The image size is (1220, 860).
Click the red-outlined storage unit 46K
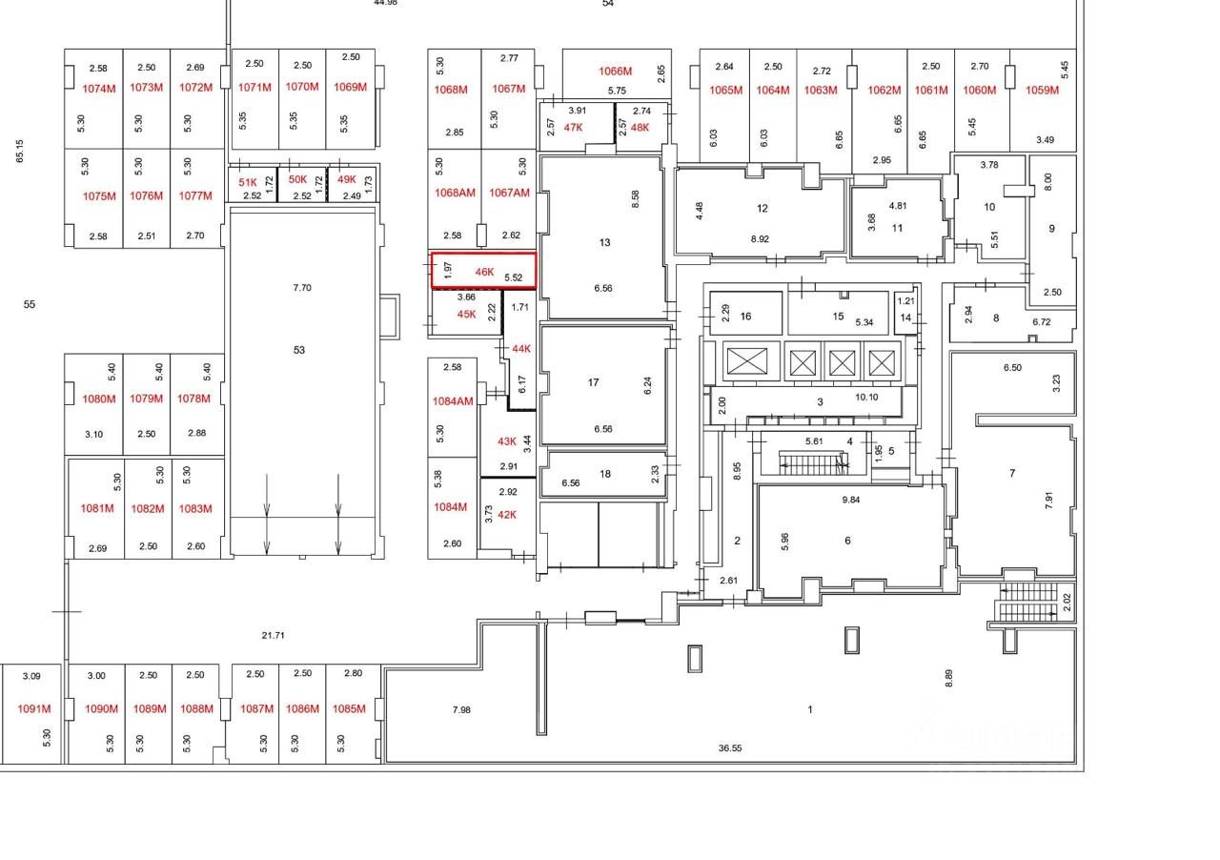pyautogui.click(x=483, y=271)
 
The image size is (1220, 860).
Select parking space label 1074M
pyautogui.click(x=98, y=88)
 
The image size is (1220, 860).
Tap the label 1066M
pyautogui.click(x=615, y=72)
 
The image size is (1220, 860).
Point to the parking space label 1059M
pyautogui.click(x=1042, y=91)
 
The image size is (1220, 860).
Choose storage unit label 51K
pyautogui.click(x=248, y=182)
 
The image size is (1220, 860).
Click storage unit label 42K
pyautogui.click(x=507, y=515)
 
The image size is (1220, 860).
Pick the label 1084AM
pyautogui.click(x=453, y=401)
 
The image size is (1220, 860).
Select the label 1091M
pyautogui.click(x=33, y=709)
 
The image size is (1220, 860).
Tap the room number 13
pyautogui.click(x=604, y=242)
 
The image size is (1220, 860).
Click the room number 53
pyautogui.click(x=299, y=350)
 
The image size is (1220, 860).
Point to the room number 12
pyautogui.click(x=762, y=208)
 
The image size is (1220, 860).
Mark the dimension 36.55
pyautogui.click(x=730, y=748)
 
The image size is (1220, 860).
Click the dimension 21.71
pyautogui.click(x=273, y=635)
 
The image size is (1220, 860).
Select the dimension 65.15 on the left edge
pyautogui.click(x=20, y=151)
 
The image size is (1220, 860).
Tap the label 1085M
pyautogui.click(x=349, y=709)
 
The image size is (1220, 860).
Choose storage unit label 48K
pyautogui.click(x=639, y=127)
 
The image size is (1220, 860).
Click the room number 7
pyautogui.click(x=1012, y=473)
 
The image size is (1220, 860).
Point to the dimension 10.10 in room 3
pyautogui.click(x=866, y=398)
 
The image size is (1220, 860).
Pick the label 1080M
pyautogui.click(x=98, y=399)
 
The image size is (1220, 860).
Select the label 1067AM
pyautogui.click(x=509, y=193)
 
